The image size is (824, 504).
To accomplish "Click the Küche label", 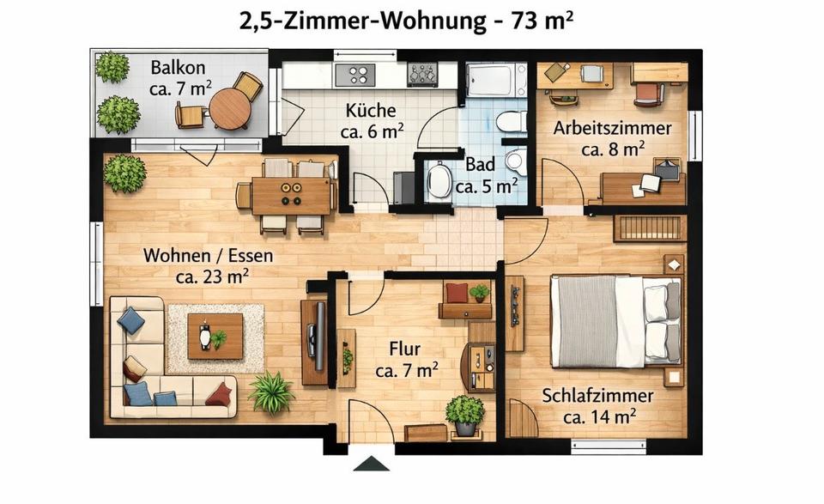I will pos(371,111).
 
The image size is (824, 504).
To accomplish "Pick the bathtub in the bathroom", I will pos(496,81).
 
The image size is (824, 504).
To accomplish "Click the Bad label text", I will pos(481,164).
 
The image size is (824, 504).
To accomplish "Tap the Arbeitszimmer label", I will pos(612,129).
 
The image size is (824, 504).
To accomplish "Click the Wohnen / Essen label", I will pos(208,255).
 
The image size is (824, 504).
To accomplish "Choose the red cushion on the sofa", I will pos(219,394).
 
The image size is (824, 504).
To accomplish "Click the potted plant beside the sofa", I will pos(271,392).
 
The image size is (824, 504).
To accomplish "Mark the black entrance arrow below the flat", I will pos(372,464).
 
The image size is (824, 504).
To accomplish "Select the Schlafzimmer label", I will pos(597,396).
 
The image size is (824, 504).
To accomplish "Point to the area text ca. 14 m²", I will pos(599,417).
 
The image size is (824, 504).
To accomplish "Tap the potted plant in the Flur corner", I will pos(464,412).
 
